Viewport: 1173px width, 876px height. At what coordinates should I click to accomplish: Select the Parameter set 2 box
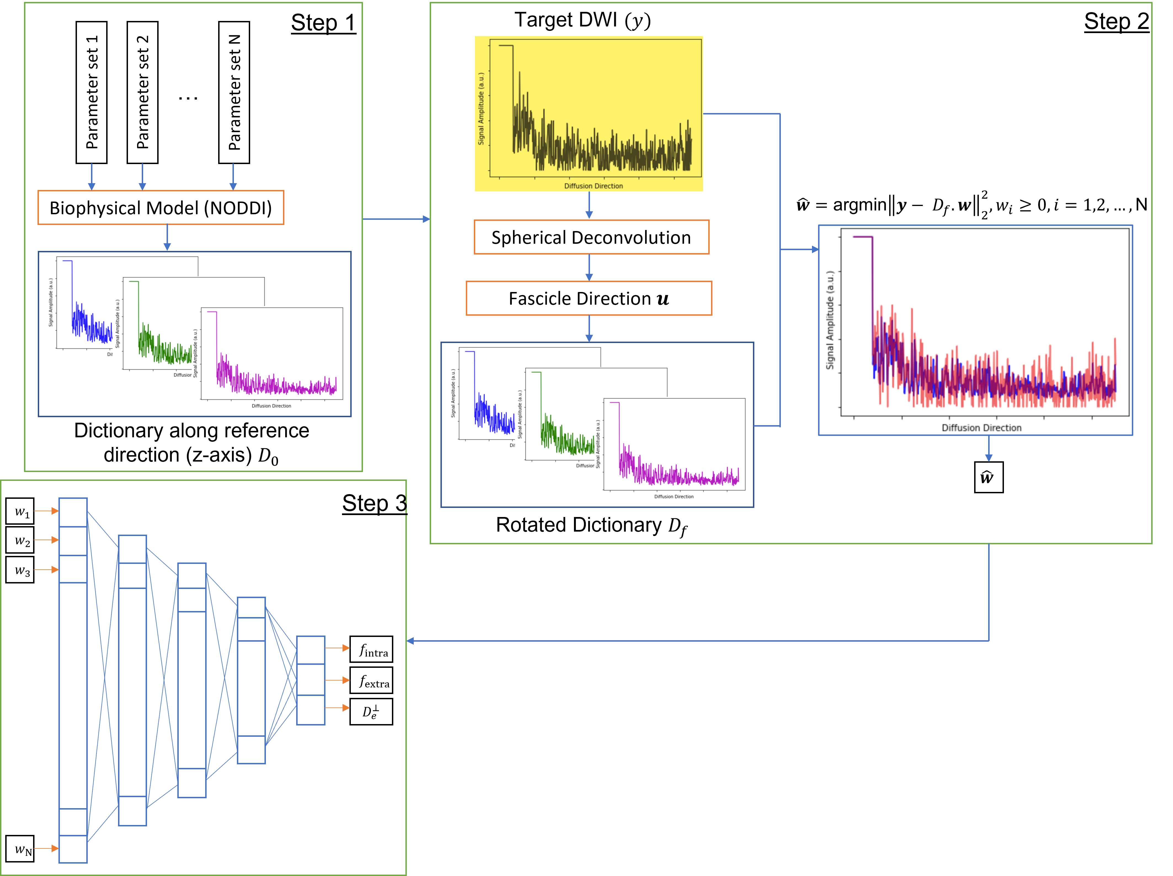[142, 92]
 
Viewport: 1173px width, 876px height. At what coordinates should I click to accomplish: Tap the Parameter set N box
[234, 92]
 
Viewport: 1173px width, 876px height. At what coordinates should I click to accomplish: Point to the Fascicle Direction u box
[589, 299]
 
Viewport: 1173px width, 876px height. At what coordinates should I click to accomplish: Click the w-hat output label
[988, 477]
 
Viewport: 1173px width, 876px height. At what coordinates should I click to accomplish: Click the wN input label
[20, 848]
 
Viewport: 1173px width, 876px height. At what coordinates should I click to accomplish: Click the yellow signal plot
[589, 114]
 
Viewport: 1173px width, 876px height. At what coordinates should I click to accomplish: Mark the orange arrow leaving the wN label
[46, 848]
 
